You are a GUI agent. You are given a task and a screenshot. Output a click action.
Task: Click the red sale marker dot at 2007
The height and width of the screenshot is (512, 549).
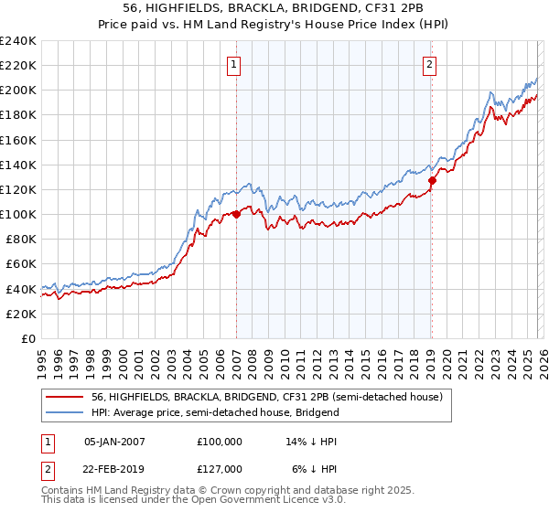click(236, 214)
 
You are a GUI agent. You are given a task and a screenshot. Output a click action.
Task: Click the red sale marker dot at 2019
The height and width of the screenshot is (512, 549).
click(432, 180)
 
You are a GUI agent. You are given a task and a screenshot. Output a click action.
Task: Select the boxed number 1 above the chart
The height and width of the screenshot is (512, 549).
click(235, 64)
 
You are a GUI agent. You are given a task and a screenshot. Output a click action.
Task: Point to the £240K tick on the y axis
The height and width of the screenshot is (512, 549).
click(17, 41)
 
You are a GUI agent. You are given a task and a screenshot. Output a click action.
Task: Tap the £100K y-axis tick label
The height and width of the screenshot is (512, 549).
click(17, 214)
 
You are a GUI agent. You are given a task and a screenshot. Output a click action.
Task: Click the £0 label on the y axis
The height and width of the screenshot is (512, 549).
click(27, 338)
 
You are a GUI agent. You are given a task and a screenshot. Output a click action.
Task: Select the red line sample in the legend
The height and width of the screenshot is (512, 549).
click(66, 397)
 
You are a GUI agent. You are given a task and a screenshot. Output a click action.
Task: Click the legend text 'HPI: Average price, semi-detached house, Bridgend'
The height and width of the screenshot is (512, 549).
click(215, 412)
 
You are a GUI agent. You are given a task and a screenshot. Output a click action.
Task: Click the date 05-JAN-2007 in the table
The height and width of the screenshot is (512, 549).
click(115, 442)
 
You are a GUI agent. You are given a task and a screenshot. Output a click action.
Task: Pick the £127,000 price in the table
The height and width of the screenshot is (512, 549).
click(220, 467)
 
